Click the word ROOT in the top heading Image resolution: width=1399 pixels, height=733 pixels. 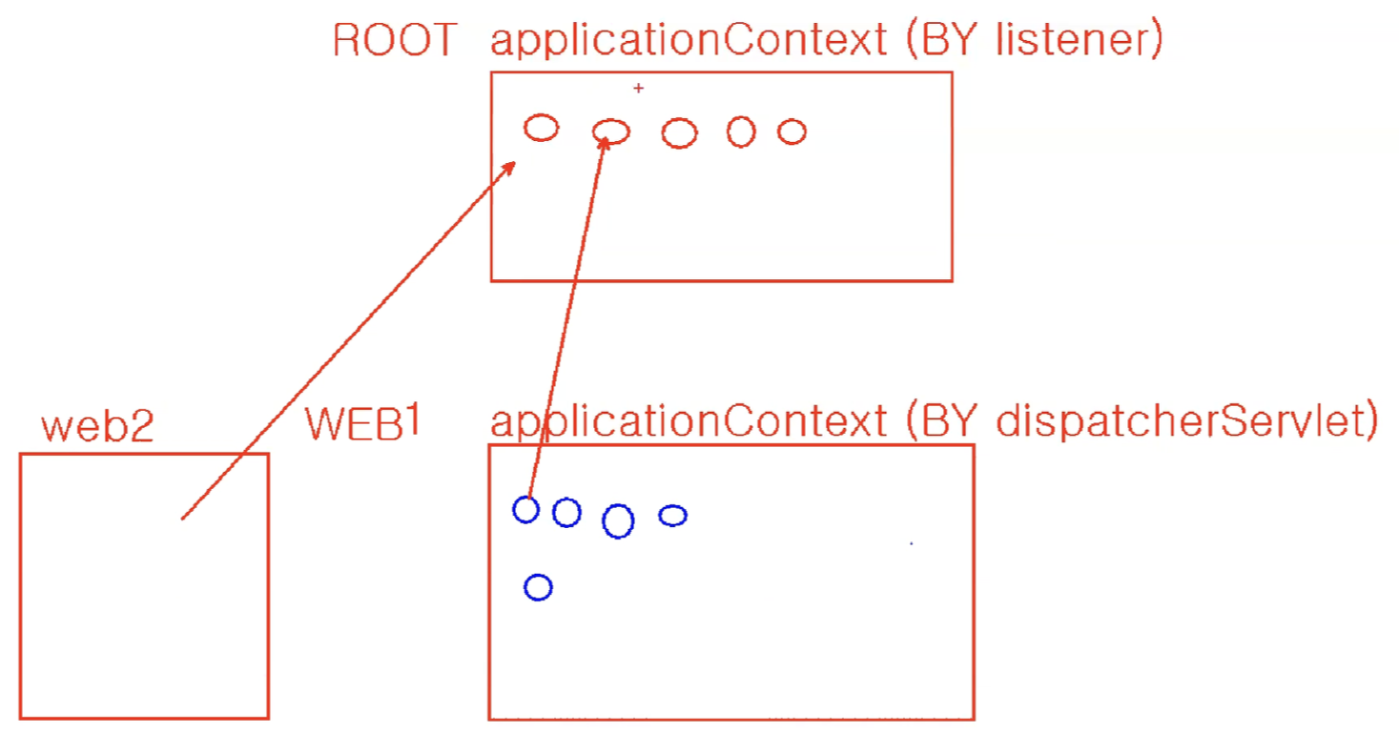(x=394, y=42)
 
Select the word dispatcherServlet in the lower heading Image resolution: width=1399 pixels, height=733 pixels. (x=1186, y=421)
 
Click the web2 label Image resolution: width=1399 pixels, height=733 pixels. (x=97, y=428)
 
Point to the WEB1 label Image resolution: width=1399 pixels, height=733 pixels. (x=362, y=424)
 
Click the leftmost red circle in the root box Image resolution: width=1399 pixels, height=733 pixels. (x=542, y=127)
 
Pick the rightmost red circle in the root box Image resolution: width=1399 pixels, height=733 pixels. (x=792, y=132)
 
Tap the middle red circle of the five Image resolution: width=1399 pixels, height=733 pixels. (x=679, y=133)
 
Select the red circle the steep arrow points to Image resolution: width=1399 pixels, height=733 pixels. (x=611, y=132)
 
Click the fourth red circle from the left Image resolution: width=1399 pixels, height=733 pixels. (x=741, y=131)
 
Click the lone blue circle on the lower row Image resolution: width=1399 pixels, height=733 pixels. (x=538, y=587)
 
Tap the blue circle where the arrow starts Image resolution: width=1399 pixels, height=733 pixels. (x=525, y=510)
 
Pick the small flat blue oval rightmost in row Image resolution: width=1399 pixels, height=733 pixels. (x=672, y=516)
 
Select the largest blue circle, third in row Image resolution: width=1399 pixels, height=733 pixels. (x=618, y=520)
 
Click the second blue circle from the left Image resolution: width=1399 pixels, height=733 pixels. (x=566, y=513)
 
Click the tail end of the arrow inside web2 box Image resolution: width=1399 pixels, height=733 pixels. (x=183, y=518)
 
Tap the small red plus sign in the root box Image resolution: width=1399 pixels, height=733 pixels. (x=639, y=89)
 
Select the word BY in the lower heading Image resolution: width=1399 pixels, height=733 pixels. (x=943, y=421)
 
